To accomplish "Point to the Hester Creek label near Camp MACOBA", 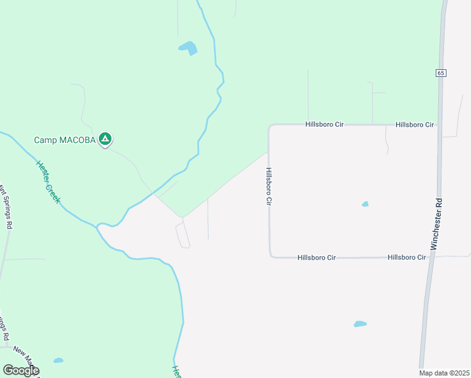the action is click(x=48, y=181).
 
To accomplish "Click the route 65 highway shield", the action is click(x=440, y=73).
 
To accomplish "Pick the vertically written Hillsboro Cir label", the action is click(x=268, y=186).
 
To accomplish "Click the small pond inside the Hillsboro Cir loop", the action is click(x=365, y=204).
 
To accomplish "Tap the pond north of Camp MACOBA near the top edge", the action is click(x=188, y=47).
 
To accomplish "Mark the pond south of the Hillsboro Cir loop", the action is click(x=360, y=324).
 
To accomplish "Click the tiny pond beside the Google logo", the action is click(x=59, y=360).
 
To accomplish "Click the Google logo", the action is click(x=21, y=370).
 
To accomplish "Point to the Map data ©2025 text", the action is click(x=445, y=373).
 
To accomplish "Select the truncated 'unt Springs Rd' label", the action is click(x=6, y=205).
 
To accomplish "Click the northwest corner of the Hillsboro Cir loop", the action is click(x=270, y=126).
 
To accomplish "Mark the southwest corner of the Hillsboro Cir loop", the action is click(x=271, y=256).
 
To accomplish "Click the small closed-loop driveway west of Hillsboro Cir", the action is click(x=183, y=234).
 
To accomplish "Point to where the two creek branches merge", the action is click(x=98, y=225).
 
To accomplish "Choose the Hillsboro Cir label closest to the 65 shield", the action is click(x=415, y=125).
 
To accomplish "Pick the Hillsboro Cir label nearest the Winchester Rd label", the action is click(x=407, y=257).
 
